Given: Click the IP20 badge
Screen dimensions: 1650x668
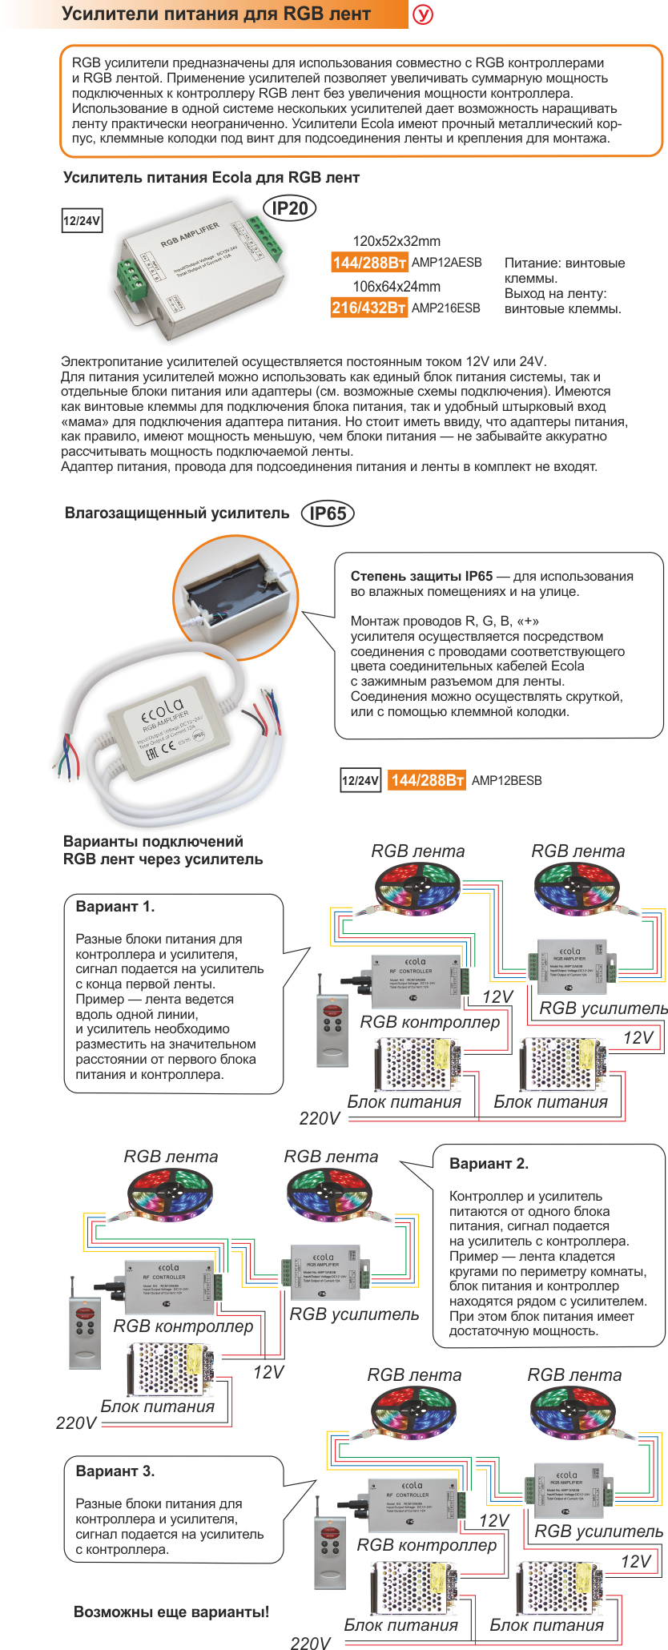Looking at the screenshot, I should [x=289, y=208].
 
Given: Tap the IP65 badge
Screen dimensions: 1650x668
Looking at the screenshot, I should [x=328, y=513].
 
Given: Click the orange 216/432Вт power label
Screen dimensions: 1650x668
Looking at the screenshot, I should [x=368, y=308].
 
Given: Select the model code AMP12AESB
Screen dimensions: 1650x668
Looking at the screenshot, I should [x=447, y=262].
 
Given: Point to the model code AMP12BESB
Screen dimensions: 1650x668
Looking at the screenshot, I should [x=506, y=780].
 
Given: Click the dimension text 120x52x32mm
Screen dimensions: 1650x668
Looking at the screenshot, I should [x=396, y=241].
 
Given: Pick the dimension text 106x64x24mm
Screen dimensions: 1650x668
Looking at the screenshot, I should [x=396, y=287].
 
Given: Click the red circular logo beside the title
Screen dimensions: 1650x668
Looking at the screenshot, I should [x=422, y=14].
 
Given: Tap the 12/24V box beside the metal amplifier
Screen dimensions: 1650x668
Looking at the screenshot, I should [x=82, y=221].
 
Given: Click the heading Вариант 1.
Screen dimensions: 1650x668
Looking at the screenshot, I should [x=115, y=907].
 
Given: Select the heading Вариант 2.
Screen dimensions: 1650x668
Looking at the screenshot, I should [x=489, y=1163].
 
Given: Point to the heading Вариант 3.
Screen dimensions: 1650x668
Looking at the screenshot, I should [x=115, y=1471].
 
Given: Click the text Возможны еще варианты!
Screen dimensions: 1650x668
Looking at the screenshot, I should [x=171, y=1612].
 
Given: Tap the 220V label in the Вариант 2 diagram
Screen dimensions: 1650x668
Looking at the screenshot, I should [x=76, y=1423].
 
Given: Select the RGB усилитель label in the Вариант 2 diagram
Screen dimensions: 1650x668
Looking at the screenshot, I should [x=354, y=1314].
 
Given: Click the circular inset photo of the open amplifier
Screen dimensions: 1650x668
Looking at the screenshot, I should [x=235, y=598].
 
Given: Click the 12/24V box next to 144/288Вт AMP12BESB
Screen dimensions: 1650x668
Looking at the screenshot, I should [x=360, y=780].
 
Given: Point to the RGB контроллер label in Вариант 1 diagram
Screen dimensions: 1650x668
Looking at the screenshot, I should [x=429, y=1022].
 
